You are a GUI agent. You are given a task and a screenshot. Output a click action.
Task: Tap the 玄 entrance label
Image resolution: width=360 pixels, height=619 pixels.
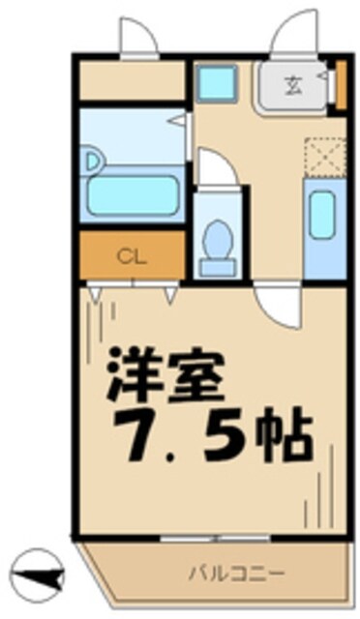291,84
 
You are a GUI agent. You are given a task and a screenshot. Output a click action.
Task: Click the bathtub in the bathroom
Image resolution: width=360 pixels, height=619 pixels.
133,192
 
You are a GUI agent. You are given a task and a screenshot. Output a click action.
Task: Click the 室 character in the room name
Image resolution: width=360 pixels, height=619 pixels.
206,372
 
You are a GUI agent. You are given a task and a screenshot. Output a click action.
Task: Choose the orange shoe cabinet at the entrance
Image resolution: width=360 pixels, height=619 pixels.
340,85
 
